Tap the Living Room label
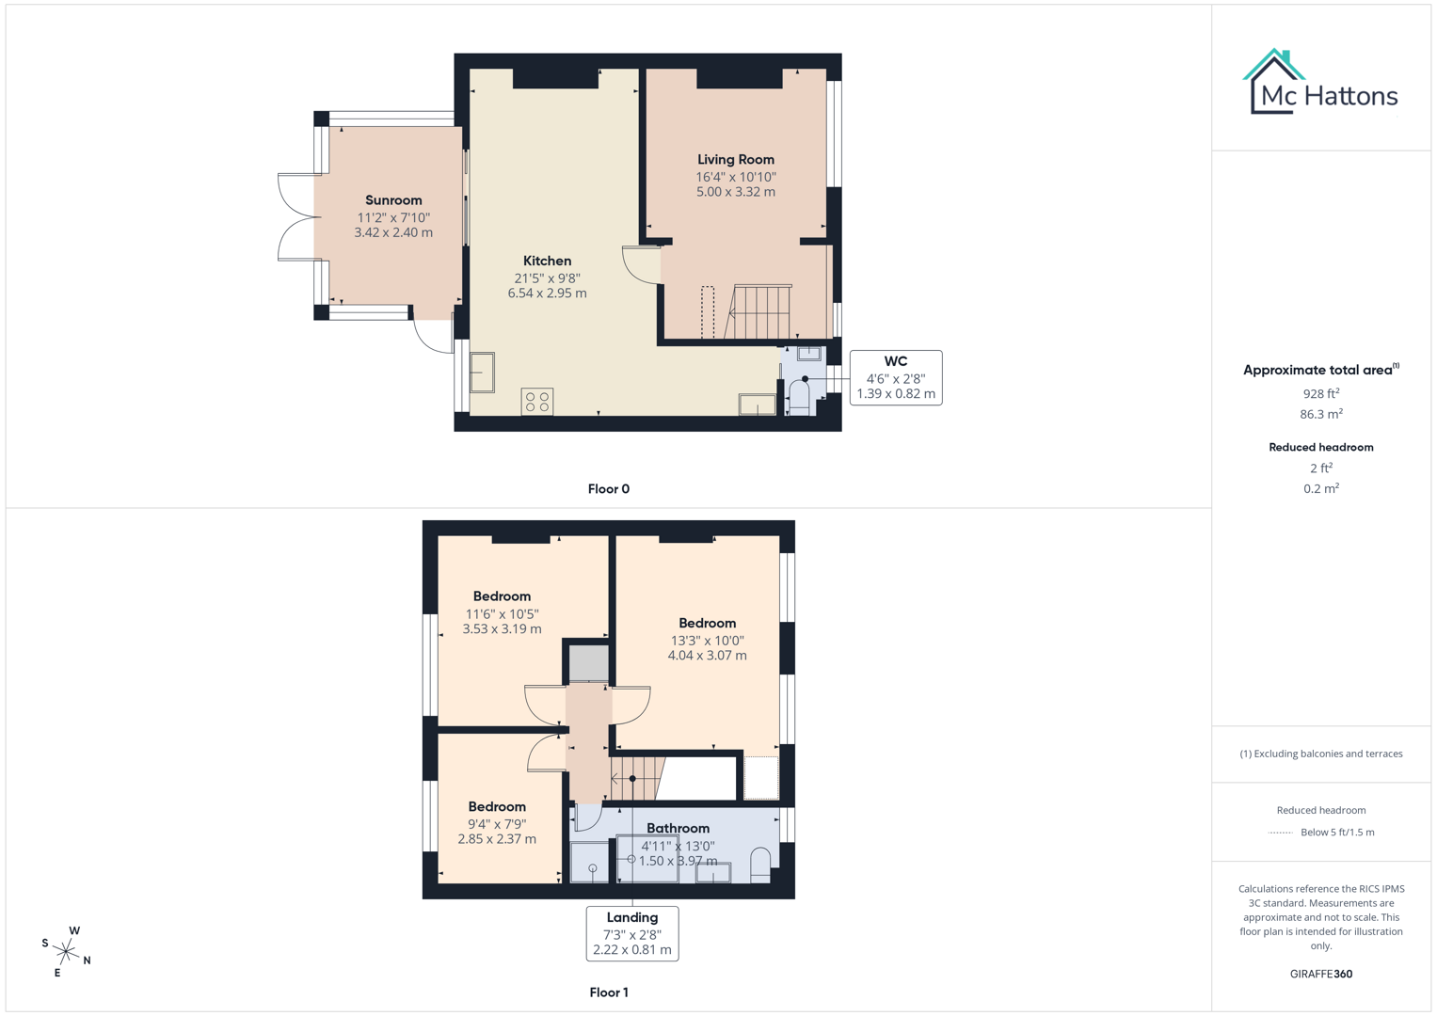coord(735,160)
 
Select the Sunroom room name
coord(393,200)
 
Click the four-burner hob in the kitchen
coord(537,402)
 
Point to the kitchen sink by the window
coord(482,373)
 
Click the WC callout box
coord(895,377)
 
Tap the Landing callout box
coord(631,933)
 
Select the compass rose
coord(67,951)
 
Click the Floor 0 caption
coord(608,489)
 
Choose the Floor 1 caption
coord(608,992)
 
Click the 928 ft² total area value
coord(1320,393)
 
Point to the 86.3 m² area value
coord(1320,414)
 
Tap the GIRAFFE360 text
coord(1320,974)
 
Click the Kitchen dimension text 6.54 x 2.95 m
coord(547,294)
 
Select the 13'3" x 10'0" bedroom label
coord(707,640)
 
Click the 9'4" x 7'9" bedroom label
coord(497,823)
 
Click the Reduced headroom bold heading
coord(1320,448)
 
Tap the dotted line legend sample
coord(1280,833)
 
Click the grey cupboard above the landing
coord(588,663)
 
